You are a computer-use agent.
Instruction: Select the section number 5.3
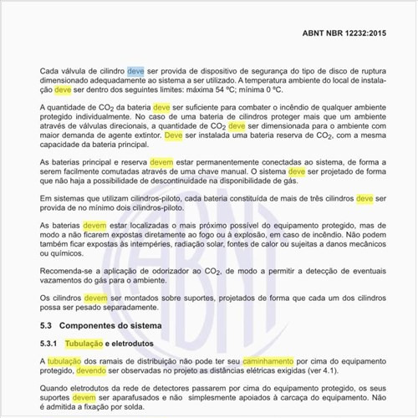tap(47, 324)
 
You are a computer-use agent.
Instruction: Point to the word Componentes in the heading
tap(96, 324)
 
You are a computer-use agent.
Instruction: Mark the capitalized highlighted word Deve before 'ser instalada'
tap(174, 135)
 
